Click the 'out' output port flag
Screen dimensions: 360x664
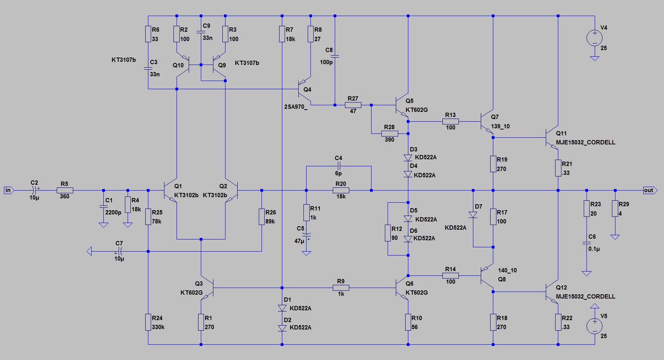coord(650,191)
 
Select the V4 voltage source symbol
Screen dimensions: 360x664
coord(594,38)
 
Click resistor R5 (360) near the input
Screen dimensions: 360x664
coord(65,191)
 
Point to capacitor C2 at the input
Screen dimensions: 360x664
coord(34,191)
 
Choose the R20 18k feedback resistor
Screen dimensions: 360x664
coord(341,191)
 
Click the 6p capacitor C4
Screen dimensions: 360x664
coord(339,166)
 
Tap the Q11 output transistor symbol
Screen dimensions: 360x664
coord(552,138)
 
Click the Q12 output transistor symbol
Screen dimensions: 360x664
coord(552,292)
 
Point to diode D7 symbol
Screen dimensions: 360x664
coord(473,215)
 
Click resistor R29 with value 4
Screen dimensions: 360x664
coord(615,209)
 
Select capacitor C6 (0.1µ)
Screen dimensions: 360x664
coord(586,243)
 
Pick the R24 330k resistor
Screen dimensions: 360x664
coord(148,322)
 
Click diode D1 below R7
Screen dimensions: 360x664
coord(282,308)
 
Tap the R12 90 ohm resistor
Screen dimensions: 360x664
coord(388,233)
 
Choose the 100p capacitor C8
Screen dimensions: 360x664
coord(335,56)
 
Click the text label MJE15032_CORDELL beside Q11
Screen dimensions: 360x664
coord(585,142)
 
